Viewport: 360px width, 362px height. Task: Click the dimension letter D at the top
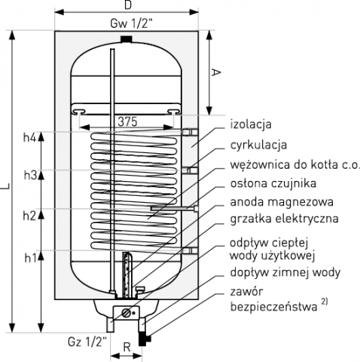(128, 5)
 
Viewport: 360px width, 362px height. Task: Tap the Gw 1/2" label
(131, 24)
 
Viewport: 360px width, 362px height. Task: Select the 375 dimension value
(128, 121)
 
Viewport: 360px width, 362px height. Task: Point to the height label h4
(30, 138)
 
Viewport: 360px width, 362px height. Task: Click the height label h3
(30, 175)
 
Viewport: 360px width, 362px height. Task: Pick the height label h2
(29, 216)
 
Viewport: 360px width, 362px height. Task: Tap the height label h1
(30, 258)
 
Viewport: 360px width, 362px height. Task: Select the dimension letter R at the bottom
(127, 348)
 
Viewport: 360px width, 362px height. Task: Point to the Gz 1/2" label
(87, 342)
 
